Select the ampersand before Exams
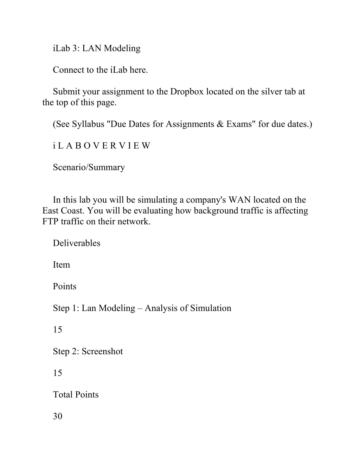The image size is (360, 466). (x=220, y=124)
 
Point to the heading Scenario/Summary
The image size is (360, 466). (x=89, y=167)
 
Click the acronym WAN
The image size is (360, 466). (x=239, y=200)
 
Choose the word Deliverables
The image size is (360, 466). (x=76, y=243)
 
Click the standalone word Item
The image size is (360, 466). (x=61, y=265)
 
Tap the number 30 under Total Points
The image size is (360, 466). (x=57, y=416)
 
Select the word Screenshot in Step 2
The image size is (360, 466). (x=102, y=351)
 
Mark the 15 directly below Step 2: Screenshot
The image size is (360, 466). (x=57, y=373)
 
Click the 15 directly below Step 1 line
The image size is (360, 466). (x=57, y=330)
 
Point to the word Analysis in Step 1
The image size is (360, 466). (x=161, y=308)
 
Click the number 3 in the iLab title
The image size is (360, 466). (x=75, y=49)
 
